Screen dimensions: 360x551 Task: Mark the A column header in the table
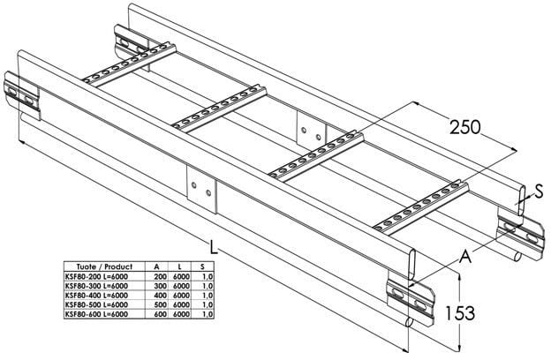(x=157, y=266)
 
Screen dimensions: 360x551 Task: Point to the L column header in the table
(x=180, y=266)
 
